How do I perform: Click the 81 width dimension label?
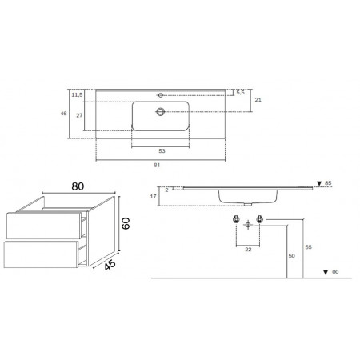(x=157, y=165)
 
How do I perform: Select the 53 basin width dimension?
(x=162, y=151)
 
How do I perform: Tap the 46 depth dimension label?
(x=63, y=114)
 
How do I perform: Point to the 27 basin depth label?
(x=79, y=115)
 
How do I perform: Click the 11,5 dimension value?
(x=77, y=94)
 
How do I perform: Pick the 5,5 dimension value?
(x=240, y=93)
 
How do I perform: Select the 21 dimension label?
(x=258, y=100)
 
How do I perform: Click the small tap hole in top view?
(x=161, y=95)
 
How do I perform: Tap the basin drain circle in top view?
(x=161, y=112)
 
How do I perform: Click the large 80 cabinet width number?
(x=78, y=186)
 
